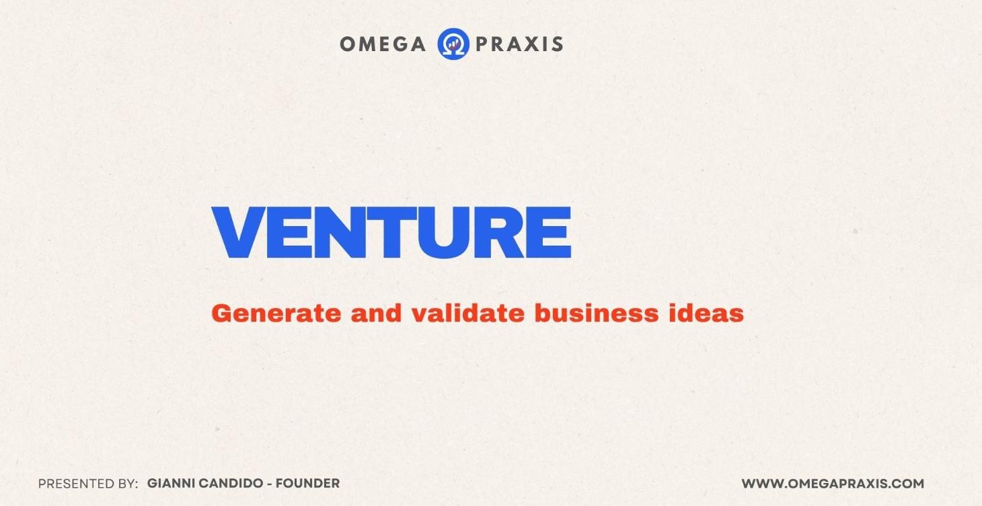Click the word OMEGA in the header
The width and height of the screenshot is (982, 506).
click(x=382, y=44)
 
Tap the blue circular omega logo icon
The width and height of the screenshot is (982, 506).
click(x=453, y=44)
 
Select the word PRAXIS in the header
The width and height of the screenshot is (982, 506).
click(x=519, y=44)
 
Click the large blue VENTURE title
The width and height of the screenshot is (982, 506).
click(x=391, y=233)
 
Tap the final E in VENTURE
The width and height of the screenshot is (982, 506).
click(x=547, y=233)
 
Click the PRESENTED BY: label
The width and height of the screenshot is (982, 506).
click(x=88, y=484)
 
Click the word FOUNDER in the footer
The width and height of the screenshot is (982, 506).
click(x=309, y=484)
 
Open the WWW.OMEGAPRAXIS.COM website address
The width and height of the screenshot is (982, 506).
click(x=833, y=484)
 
